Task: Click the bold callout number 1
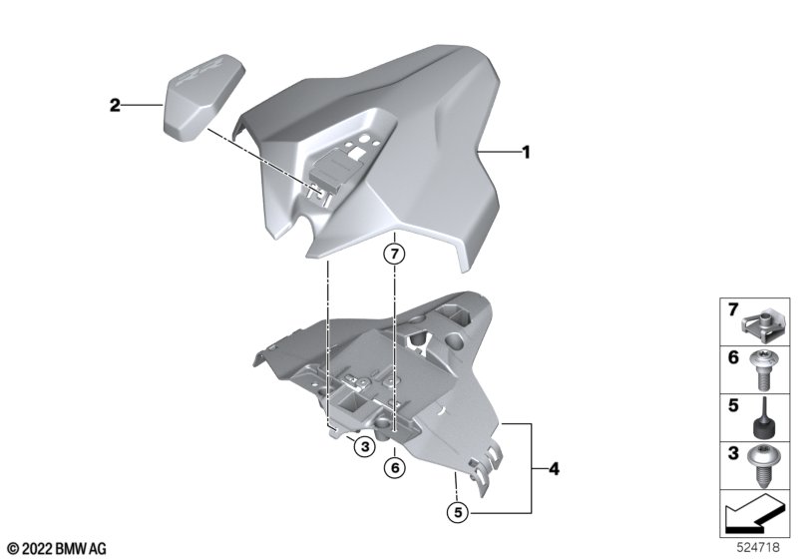(x=527, y=152)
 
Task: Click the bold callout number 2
(x=115, y=106)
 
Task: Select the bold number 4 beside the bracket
(x=554, y=468)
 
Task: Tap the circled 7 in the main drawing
(x=395, y=254)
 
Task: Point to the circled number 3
(x=364, y=447)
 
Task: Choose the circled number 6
(x=395, y=467)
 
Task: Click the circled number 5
(x=458, y=512)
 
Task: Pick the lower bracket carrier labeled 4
(x=377, y=387)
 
